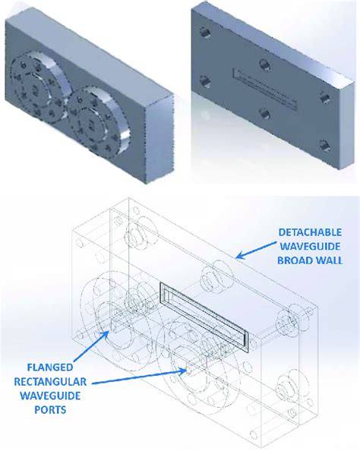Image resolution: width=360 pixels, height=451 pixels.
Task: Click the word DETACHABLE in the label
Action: coord(310,232)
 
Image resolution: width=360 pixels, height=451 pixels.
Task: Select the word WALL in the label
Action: coord(329,260)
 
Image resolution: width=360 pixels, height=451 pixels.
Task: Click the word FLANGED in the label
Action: coord(46,367)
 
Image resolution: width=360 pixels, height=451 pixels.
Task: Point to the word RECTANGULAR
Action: coord(50,382)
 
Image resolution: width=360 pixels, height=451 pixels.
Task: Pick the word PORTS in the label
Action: coord(50,409)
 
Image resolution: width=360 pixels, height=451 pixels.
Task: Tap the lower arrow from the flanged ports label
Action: coord(139,377)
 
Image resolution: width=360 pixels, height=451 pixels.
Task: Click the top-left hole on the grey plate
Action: coord(204,32)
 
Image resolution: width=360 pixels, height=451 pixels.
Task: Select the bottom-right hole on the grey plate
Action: coord(325,146)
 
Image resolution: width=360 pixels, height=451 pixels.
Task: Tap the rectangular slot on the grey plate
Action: coord(264,90)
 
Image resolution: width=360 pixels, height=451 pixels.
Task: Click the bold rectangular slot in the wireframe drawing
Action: coord(204,317)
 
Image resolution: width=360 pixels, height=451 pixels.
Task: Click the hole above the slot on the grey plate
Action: coord(264,64)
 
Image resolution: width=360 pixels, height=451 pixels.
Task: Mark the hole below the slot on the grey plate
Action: coord(264,114)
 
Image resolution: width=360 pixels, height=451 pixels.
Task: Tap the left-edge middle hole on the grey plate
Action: coord(204,82)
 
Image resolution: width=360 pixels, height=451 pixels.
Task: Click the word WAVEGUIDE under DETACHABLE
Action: coord(310,247)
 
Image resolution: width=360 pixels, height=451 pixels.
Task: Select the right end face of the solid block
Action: coord(159,138)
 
